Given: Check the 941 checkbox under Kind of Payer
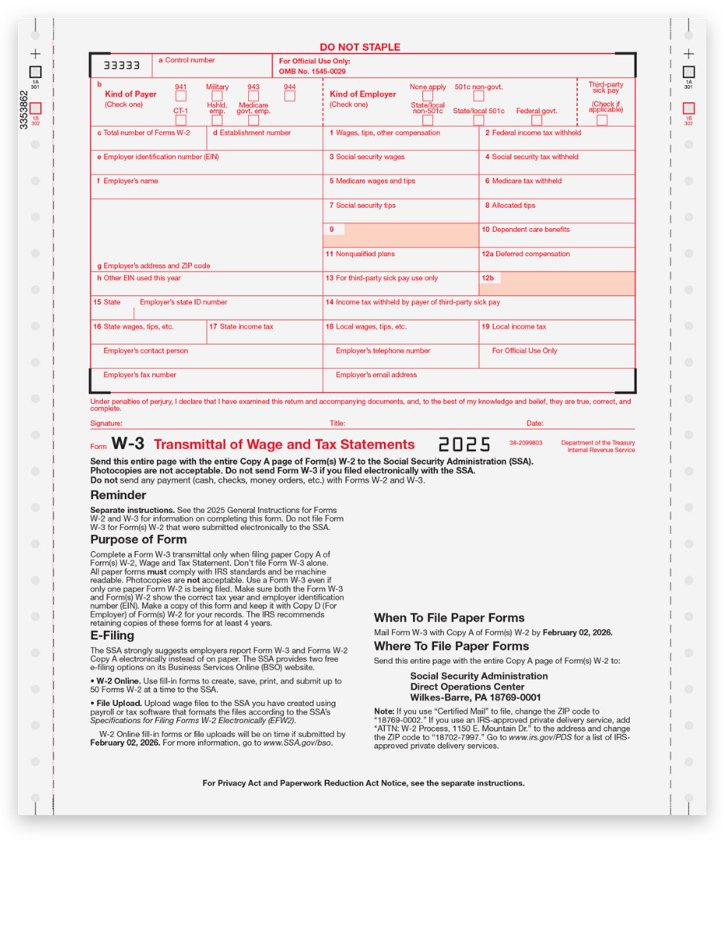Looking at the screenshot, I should point(180,97).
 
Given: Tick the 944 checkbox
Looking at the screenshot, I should point(290,97).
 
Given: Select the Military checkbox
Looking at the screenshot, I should point(217,97).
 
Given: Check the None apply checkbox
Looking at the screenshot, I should point(428,97).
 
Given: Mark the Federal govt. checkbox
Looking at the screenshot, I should point(537,120).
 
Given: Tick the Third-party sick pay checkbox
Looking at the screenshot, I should point(602,120).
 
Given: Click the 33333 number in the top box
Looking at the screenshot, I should point(123,66).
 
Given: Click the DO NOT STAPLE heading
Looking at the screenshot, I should point(360,47).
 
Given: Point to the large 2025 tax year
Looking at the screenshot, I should point(464,444).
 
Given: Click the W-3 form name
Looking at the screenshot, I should point(128,444).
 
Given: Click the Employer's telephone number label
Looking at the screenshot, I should point(382,351).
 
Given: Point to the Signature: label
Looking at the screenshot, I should point(106,423).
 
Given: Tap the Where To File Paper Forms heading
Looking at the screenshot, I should point(451,646).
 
